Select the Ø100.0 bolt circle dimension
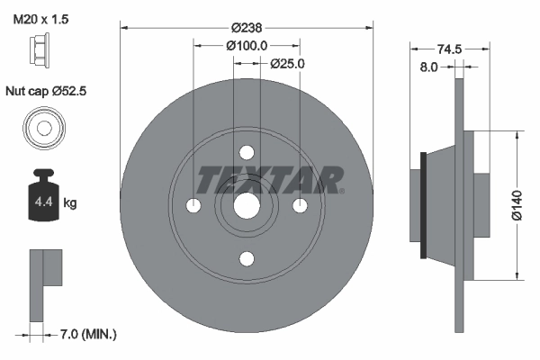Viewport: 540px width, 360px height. tap(247, 46)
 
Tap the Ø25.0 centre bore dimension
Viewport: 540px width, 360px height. tap(288, 64)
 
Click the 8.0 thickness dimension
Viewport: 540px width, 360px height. tap(429, 67)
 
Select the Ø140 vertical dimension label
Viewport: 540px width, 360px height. tap(517, 205)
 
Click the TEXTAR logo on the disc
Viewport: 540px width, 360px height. tap(270, 180)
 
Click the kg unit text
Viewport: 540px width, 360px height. tap(70, 203)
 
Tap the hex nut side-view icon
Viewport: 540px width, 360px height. tap(42, 55)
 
